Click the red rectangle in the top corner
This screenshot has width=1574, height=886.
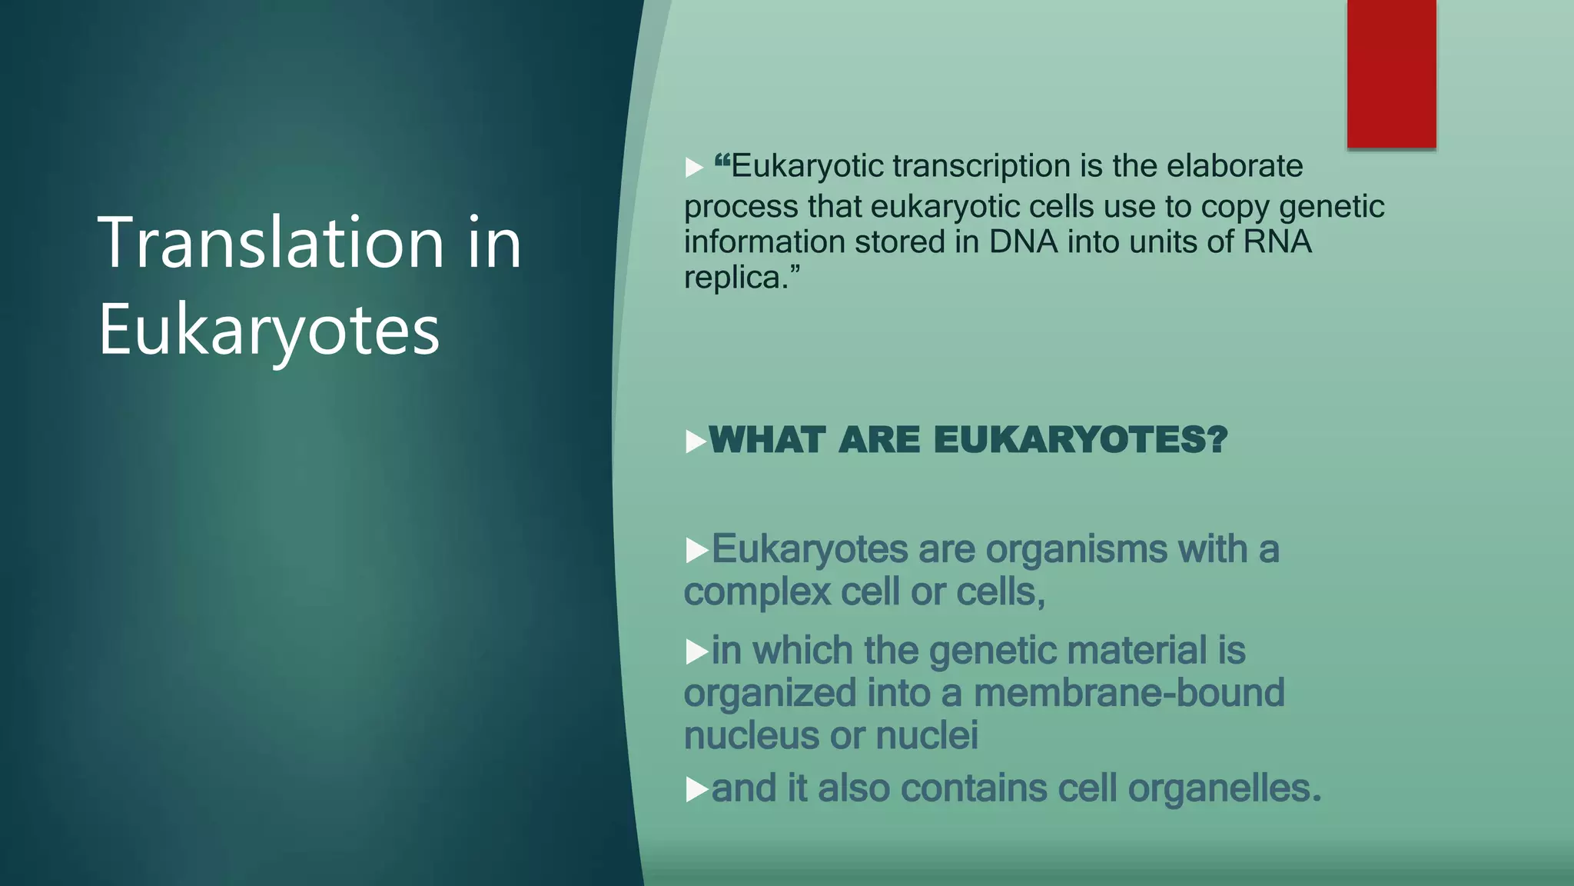tap(1391, 73)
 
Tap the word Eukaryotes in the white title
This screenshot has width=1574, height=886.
tap(269, 331)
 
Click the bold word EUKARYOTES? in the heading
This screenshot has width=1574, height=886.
tap(1081, 441)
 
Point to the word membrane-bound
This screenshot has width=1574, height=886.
tap(1129, 693)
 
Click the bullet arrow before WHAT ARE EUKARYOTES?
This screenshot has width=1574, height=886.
tap(695, 441)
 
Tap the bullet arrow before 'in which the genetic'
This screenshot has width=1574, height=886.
tap(696, 652)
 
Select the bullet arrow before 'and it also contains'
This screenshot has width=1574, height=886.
tap(696, 790)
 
